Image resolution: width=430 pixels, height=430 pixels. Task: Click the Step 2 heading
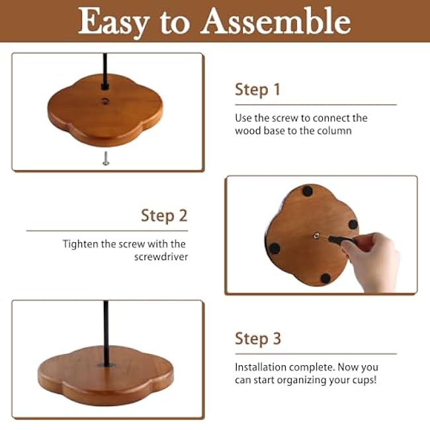[164, 215]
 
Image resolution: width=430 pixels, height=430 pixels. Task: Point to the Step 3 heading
[257, 339]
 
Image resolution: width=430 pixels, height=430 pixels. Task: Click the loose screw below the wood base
[106, 158]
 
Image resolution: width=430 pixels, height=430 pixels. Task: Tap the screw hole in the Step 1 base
[105, 102]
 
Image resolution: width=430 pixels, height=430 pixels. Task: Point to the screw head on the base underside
[317, 236]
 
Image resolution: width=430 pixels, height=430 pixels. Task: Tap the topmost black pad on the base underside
[307, 191]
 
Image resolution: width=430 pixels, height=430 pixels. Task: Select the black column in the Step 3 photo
[105, 331]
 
